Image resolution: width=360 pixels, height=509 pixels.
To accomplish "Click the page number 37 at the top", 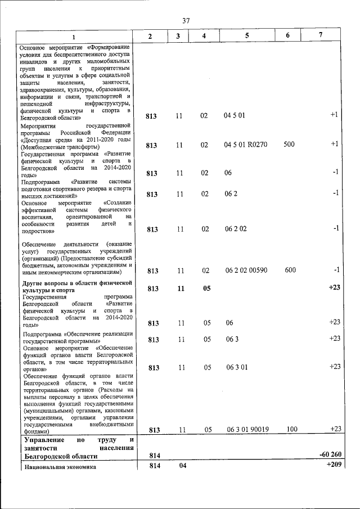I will click(186, 21).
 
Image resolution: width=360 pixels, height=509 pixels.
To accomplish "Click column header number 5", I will click(246, 36).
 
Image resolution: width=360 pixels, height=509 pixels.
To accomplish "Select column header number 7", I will click(320, 35).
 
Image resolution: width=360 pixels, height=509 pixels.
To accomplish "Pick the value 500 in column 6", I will click(289, 145).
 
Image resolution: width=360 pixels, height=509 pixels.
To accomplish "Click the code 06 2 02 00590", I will click(246, 271).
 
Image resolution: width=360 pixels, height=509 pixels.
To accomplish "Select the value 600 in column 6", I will click(290, 270).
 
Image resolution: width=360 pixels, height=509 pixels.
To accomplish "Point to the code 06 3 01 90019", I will click(247, 430).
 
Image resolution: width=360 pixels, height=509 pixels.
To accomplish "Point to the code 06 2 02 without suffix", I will click(235, 229).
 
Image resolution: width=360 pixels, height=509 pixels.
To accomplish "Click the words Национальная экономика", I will click(59, 467).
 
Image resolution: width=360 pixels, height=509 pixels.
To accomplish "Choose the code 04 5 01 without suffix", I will click(234, 115).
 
